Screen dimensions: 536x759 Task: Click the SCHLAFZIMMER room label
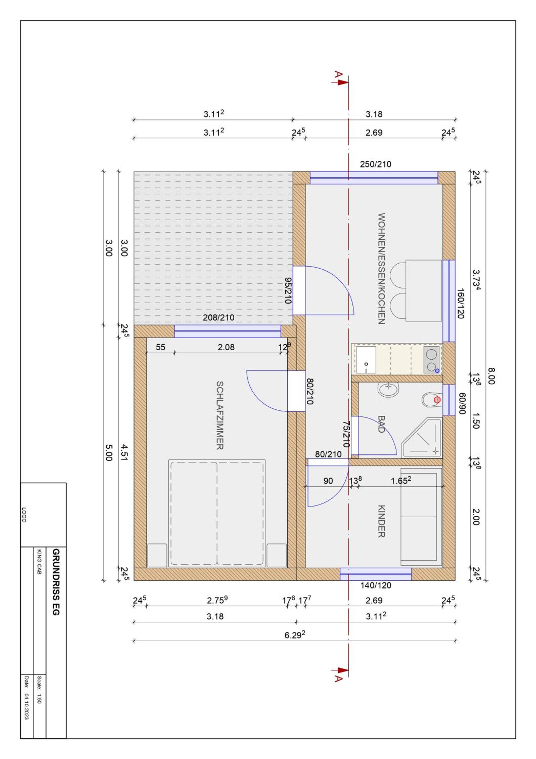[x=220, y=415]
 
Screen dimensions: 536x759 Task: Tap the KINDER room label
[x=382, y=521]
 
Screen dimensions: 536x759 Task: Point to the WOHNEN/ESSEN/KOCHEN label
[x=382, y=268]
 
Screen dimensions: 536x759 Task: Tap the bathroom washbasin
[x=388, y=389]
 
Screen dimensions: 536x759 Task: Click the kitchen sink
[x=366, y=360]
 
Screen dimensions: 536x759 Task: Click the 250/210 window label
[x=375, y=164]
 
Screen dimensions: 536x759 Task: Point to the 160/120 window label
[x=461, y=303]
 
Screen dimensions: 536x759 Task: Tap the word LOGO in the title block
[x=24, y=515]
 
